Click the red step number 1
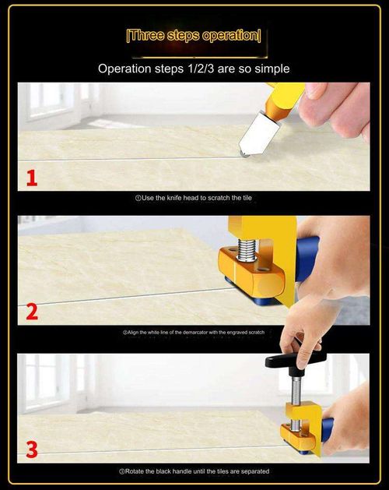click(31, 178)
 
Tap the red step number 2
click(31, 312)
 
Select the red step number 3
click(31, 449)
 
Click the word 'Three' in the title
click(147, 36)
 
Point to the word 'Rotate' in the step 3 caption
click(137, 471)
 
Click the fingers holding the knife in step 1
click(335, 105)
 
